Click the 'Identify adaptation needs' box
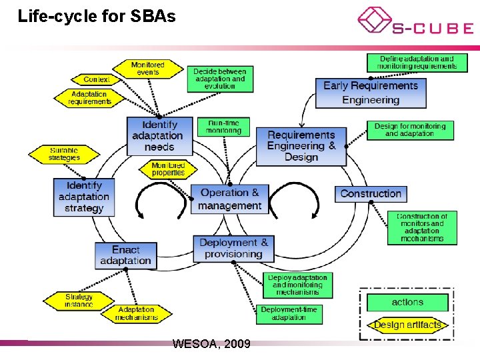point(159,135)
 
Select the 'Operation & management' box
point(230,199)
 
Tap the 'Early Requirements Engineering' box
point(370,93)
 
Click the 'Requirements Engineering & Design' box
point(301,146)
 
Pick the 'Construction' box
point(371,194)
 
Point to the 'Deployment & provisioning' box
point(233,249)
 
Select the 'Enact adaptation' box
point(125,255)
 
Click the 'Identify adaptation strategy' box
point(84,197)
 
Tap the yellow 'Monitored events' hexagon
point(148,69)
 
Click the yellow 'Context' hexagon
point(96,79)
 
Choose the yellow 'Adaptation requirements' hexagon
point(89,98)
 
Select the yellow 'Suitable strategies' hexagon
point(64,154)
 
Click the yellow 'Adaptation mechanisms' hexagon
point(135,313)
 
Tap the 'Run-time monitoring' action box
point(223,127)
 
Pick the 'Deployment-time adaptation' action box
point(289,313)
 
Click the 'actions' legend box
point(407,303)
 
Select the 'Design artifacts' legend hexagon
point(407,325)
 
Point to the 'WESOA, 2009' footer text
point(211,344)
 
